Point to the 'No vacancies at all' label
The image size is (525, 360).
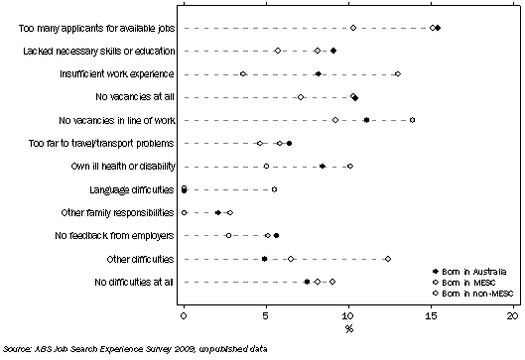(135, 96)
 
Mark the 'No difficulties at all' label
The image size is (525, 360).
(127, 282)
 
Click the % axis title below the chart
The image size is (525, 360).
(347, 327)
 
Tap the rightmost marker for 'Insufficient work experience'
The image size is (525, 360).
(397, 73)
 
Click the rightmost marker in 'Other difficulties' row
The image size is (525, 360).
(387, 259)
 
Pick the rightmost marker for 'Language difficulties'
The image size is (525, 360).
(274, 189)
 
